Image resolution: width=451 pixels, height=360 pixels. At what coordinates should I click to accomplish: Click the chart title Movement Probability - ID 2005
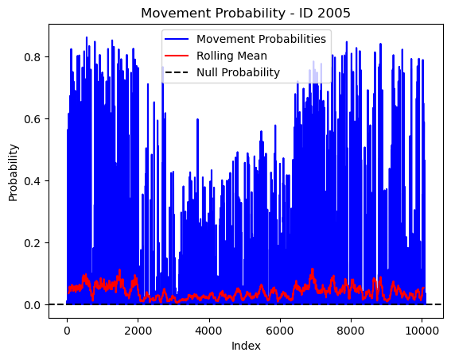[246, 14]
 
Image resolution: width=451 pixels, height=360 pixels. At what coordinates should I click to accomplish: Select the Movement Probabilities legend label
[261, 39]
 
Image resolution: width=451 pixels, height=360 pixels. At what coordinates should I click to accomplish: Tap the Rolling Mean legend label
[231, 56]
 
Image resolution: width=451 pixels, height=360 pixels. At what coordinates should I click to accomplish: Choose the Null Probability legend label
[238, 72]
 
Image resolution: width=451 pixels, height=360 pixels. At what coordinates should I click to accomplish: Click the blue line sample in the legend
[177, 39]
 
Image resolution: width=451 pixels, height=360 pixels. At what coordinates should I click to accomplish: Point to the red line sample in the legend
[177, 56]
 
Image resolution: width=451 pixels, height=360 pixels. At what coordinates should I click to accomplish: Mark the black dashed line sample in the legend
[177, 72]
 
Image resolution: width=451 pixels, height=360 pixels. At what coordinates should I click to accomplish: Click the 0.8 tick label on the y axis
[32, 57]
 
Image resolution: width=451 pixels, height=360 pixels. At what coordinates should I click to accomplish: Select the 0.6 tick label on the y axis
[32, 119]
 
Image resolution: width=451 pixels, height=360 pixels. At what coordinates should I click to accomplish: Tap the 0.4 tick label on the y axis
[32, 181]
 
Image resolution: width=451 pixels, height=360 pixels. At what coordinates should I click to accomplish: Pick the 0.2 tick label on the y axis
[32, 242]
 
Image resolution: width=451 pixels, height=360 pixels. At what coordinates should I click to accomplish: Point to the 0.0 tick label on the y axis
[32, 305]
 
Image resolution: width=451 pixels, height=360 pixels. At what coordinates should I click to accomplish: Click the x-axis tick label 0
[67, 331]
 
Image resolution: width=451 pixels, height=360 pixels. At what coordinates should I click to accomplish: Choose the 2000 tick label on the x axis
[138, 331]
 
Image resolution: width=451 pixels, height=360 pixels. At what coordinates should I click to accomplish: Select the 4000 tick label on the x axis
[209, 331]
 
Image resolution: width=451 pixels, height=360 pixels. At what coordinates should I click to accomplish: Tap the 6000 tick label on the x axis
[280, 331]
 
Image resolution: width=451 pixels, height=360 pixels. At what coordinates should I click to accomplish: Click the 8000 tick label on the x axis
[351, 331]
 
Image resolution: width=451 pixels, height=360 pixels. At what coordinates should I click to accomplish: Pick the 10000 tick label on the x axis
[422, 331]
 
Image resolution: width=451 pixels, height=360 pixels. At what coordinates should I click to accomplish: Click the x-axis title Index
[246, 346]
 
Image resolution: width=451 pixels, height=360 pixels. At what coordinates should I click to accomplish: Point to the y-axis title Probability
[14, 172]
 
